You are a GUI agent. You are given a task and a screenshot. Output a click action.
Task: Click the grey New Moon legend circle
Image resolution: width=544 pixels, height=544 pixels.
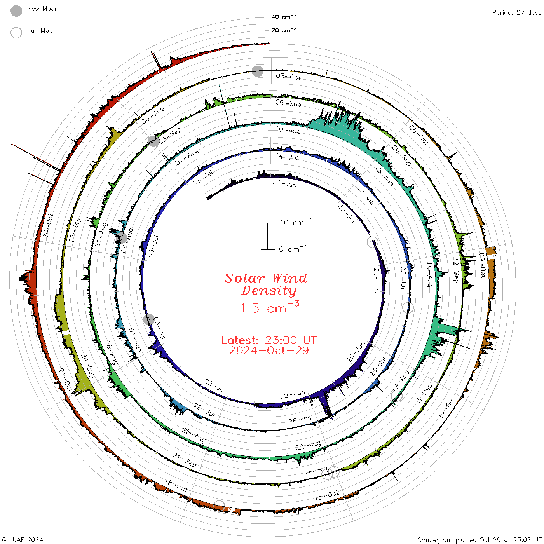click(16, 11)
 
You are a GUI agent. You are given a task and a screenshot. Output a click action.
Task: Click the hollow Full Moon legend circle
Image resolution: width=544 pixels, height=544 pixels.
click(16, 33)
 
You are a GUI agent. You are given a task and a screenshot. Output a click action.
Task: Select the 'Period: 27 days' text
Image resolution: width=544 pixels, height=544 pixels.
click(516, 13)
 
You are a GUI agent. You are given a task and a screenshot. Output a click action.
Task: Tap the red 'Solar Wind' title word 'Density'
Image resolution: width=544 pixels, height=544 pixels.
click(269, 291)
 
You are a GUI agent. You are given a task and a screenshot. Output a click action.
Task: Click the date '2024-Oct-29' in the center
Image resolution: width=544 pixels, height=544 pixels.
click(269, 350)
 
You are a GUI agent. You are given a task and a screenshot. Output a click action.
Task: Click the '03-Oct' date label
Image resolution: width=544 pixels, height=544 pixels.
click(288, 77)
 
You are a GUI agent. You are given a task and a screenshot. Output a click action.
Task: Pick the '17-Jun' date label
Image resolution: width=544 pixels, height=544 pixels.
click(284, 183)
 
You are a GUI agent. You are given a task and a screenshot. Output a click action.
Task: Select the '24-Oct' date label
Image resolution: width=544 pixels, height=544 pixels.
click(48, 226)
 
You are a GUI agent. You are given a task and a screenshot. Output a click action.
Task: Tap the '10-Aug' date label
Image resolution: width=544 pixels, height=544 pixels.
click(288, 130)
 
